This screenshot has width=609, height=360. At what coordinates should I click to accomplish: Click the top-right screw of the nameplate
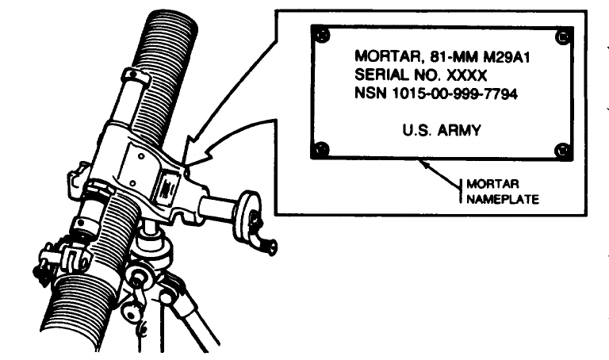point(563,36)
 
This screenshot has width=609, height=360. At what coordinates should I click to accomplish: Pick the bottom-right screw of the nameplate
point(563,149)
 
